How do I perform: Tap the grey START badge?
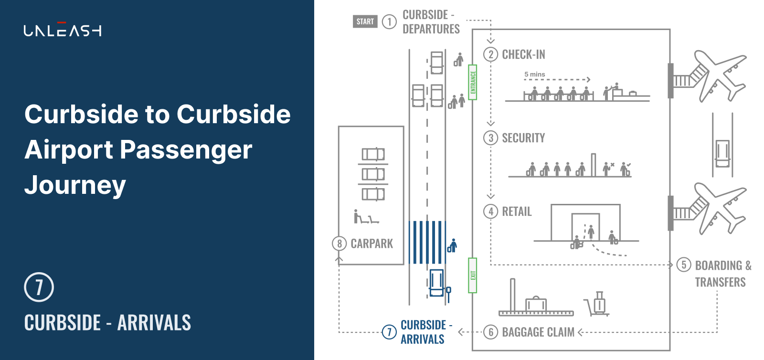365,21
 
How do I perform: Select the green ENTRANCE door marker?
472,82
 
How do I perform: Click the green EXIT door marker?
472,275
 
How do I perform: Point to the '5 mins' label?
534,74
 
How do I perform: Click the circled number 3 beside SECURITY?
490,138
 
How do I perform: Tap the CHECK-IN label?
523,54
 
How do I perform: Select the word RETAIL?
517,212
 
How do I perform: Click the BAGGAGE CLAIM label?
538,332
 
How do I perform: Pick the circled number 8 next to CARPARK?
339,244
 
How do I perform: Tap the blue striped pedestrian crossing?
427,243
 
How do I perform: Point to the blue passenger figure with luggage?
452,245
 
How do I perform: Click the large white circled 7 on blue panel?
39,287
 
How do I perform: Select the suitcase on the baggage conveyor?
536,304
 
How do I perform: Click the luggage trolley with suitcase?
597,303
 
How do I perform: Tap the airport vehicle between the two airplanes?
722,153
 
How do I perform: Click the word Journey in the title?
75,185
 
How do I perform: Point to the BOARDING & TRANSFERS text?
723,274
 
